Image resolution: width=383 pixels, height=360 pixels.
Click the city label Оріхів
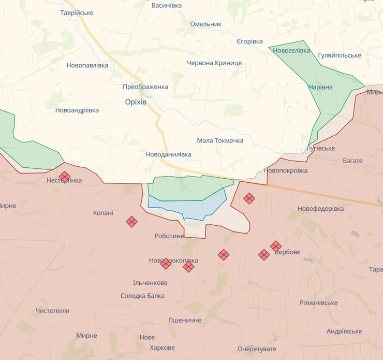(x=136, y=102)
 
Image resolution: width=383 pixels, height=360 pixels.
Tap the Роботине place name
(x=169, y=236)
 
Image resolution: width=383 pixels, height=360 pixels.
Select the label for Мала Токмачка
(x=220, y=140)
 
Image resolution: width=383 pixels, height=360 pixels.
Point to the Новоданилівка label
(x=168, y=154)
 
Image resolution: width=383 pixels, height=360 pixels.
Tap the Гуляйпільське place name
(x=340, y=55)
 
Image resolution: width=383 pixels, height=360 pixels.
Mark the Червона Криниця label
(x=214, y=63)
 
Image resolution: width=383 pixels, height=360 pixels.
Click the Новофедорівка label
(x=320, y=208)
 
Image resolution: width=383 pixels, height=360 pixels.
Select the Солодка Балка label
(x=142, y=295)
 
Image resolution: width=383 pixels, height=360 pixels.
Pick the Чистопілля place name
(x=52, y=310)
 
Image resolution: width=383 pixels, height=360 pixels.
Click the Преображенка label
(x=145, y=87)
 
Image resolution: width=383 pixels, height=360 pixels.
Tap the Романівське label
(x=318, y=303)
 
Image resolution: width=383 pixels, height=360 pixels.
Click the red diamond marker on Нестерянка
(x=65, y=177)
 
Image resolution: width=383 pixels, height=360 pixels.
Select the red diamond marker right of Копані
(x=132, y=222)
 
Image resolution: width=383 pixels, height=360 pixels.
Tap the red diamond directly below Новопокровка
(x=249, y=198)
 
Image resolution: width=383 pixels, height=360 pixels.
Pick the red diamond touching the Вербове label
(x=276, y=246)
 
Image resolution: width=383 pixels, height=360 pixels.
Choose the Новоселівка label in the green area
(x=291, y=50)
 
